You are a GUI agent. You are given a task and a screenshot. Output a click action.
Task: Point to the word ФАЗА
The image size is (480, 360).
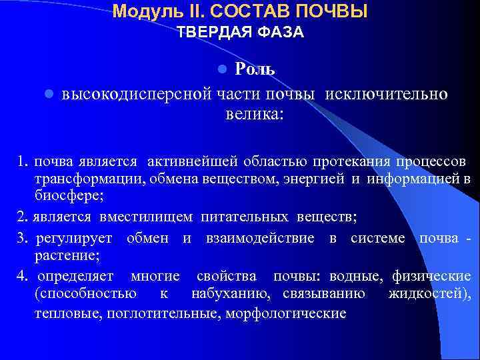click(279, 32)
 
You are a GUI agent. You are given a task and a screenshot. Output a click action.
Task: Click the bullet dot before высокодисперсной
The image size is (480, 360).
click(49, 95)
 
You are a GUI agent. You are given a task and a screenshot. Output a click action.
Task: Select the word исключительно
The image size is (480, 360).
click(386, 94)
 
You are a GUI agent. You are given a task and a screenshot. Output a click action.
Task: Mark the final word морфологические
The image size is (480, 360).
click(286, 312)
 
